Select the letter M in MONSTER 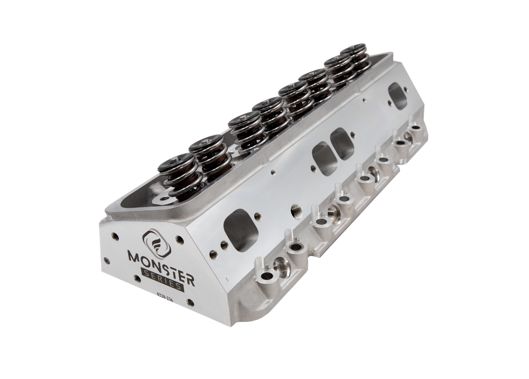pos(134,256)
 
